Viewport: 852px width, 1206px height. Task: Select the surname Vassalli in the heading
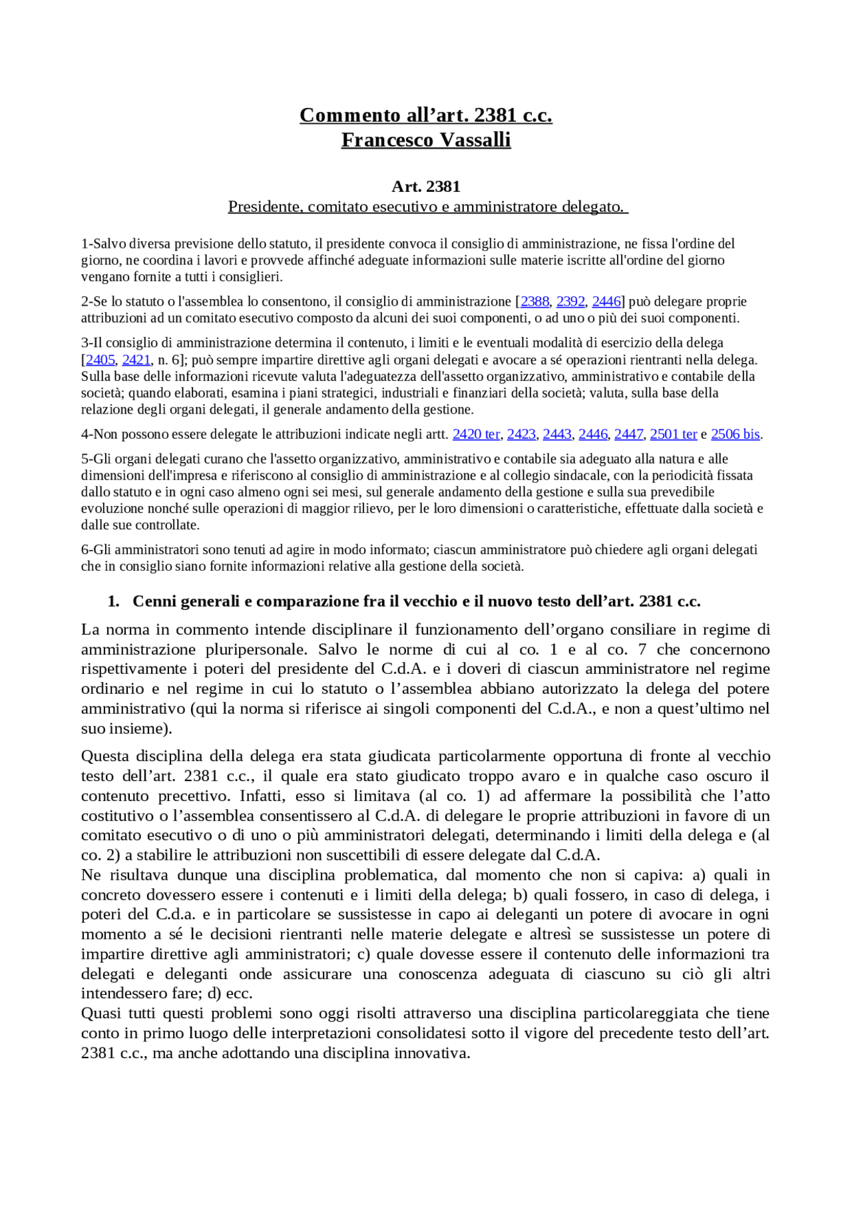(476, 140)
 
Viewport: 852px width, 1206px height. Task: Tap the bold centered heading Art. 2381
(426, 186)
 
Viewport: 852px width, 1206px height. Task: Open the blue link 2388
(534, 302)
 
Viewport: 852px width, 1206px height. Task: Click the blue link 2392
(570, 302)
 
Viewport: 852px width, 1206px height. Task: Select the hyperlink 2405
(101, 360)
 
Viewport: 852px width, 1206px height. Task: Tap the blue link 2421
(136, 360)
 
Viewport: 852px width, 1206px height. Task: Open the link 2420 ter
(476, 434)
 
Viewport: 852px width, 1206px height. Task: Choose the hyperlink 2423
(521, 434)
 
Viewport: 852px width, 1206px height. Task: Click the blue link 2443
(557, 434)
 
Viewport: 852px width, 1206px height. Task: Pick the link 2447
(628, 434)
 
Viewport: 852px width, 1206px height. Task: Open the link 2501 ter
(673, 434)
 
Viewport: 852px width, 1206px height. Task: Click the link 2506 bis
(735, 434)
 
